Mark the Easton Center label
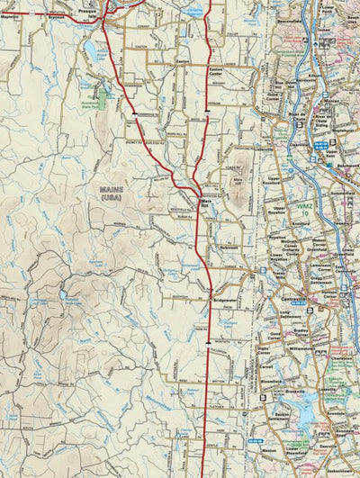[215, 73]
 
